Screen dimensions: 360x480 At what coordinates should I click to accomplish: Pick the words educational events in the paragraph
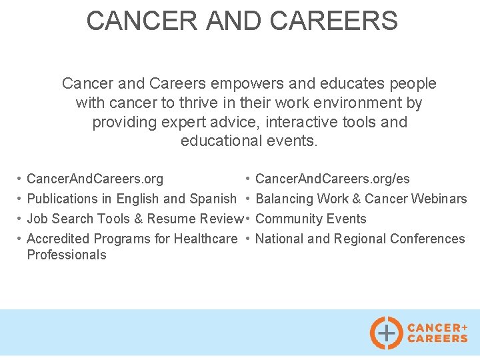(x=249, y=141)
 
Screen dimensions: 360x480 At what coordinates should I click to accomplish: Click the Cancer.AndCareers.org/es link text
(x=332, y=179)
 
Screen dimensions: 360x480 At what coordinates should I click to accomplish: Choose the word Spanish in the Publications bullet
(x=213, y=199)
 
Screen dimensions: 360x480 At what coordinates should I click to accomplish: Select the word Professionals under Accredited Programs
(x=66, y=255)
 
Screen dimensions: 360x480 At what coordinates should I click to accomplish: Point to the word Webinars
(x=439, y=199)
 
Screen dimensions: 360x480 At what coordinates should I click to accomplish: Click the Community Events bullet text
(x=311, y=219)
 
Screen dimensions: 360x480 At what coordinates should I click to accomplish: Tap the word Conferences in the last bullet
(x=427, y=239)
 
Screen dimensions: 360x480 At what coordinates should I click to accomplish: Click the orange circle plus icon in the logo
(x=386, y=332)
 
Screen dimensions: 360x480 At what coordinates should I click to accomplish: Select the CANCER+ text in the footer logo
(x=437, y=327)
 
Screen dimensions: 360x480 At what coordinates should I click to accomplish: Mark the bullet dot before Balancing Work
(x=247, y=199)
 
